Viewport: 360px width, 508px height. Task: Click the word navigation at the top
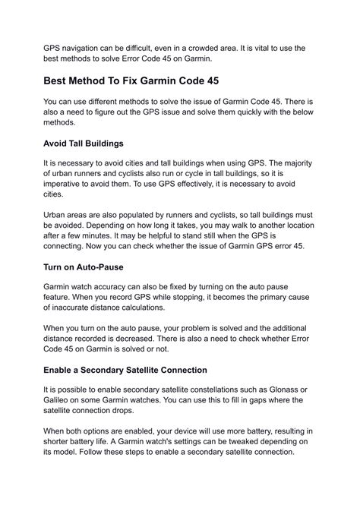click(x=92, y=48)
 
